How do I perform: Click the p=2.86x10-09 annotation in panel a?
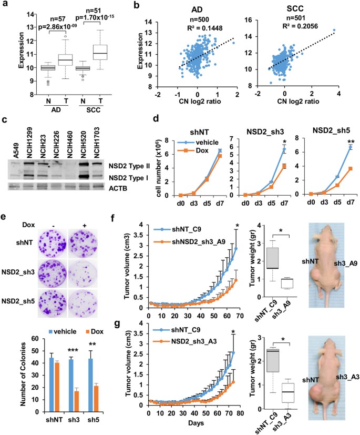58,27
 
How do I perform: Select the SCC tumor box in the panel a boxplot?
100,52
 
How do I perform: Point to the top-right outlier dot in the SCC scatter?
334,30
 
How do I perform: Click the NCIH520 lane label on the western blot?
83,143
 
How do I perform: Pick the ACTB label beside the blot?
118,188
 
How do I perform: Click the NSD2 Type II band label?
129,166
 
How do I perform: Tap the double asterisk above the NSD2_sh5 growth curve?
351,143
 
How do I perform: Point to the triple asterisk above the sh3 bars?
73,350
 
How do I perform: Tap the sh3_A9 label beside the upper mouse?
346,264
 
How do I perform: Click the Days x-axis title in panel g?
196,423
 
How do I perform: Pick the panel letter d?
156,119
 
